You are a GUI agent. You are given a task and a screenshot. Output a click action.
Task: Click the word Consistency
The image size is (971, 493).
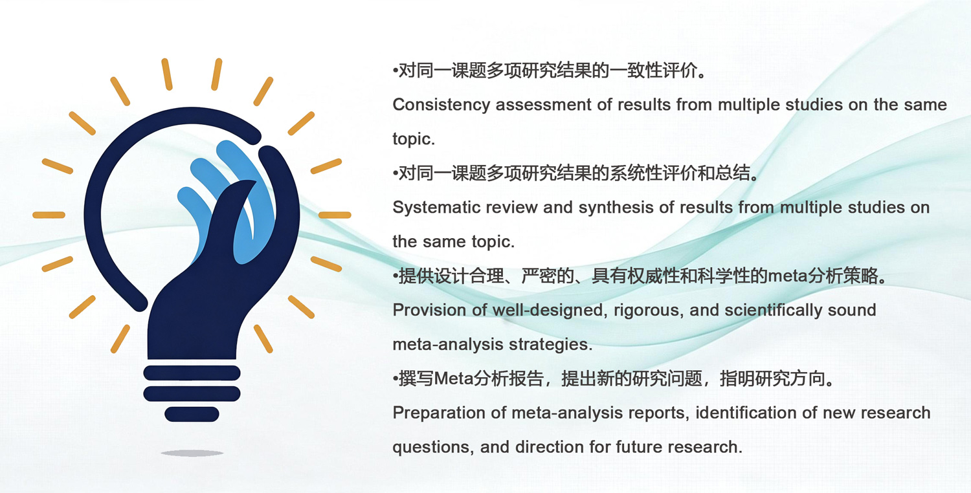(441, 105)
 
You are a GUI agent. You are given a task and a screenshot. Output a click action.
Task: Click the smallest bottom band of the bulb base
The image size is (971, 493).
(192, 414)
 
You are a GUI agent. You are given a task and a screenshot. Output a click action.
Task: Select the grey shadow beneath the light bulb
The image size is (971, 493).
(192, 453)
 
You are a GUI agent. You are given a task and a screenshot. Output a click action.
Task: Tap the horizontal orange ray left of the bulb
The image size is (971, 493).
(49, 215)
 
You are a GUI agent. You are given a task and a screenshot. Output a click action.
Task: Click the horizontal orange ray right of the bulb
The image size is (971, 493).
(335, 215)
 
